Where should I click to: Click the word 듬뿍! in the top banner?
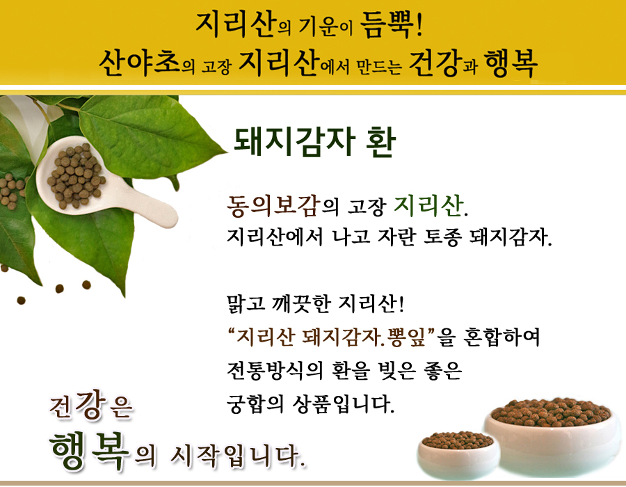point(391,25)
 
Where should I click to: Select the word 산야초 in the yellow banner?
point(140,63)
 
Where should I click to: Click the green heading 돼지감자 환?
point(314,141)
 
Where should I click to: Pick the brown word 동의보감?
point(274,206)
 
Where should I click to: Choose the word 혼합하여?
point(501,337)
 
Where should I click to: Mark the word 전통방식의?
point(275,370)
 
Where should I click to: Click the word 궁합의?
point(255,404)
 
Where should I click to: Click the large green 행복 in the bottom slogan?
point(90,450)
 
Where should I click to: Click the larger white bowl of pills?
point(553,435)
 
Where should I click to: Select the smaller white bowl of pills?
point(458,454)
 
